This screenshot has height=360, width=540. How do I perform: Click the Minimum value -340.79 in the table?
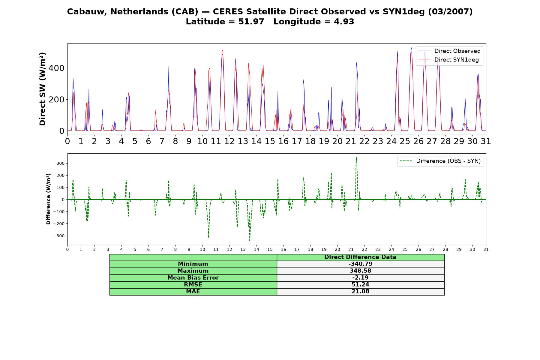[x=360, y=264]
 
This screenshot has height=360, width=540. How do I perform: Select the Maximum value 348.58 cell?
[x=360, y=271]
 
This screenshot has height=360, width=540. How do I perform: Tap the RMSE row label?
[x=193, y=285]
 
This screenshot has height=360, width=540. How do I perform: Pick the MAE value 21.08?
[x=360, y=292]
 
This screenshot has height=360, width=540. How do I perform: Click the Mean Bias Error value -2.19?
[x=360, y=278]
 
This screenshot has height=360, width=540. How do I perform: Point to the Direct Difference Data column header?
[x=360, y=257]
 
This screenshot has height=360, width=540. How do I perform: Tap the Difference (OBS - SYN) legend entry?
[x=440, y=161]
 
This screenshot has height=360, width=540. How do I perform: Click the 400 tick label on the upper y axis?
[x=56, y=68]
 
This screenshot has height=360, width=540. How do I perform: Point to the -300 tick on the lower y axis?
[x=59, y=236]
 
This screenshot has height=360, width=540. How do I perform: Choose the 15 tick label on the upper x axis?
[x=270, y=141]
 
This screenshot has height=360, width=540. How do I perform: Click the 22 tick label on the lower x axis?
[x=364, y=249]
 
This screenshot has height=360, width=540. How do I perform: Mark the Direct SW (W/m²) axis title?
[x=42, y=89]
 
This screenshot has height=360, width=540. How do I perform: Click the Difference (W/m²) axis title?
[x=48, y=199]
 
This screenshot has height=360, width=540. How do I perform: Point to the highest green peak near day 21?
[x=356, y=157]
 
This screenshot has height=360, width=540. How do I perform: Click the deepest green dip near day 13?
[x=250, y=240]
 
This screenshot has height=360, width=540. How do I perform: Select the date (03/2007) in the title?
[x=450, y=12]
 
